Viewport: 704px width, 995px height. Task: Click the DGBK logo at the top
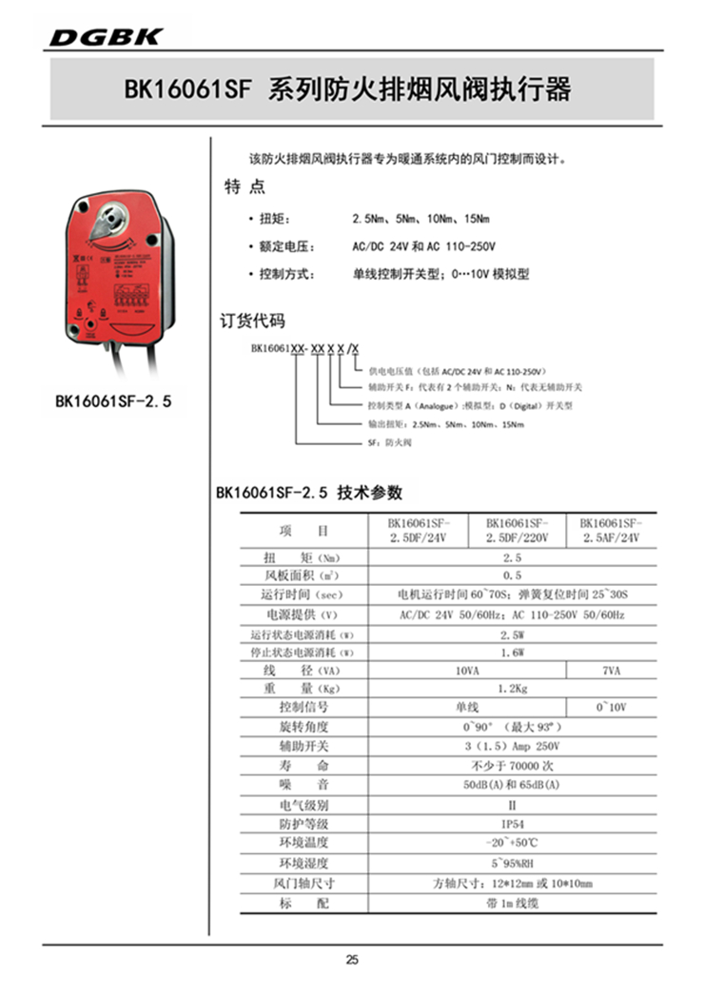click(107, 37)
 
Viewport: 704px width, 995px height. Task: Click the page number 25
click(352, 960)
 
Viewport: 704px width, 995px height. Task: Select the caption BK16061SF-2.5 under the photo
click(113, 402)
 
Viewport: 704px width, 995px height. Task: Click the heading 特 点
click(244, 187)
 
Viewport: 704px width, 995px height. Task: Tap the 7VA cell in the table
click(611, 671)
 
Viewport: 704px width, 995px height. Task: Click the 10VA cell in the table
click(466, 671)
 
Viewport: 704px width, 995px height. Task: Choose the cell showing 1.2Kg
click(512, 688)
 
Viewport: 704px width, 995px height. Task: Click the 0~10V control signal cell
click(611, 708)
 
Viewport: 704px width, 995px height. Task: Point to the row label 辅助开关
click(303, 747)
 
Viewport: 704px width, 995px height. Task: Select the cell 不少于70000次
click(512, 766)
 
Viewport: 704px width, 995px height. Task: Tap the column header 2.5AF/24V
click(611, 530)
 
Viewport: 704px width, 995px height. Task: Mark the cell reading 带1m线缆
click(512, 903)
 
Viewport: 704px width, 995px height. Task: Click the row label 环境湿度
click(303, 864)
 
